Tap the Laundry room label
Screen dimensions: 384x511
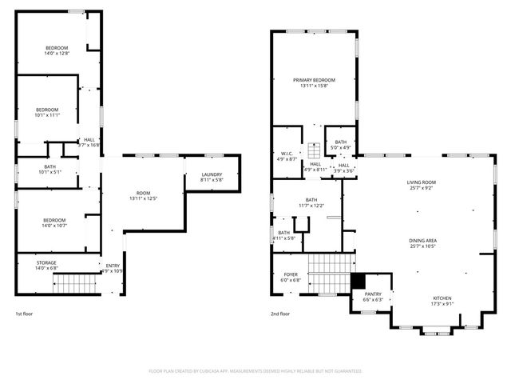(x=212, y=178)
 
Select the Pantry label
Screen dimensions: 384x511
(x=373, y=297)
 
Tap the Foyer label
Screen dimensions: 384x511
(x=290, y=278)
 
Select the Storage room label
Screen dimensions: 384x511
(x=46, y=266)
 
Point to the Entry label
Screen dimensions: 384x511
(x=113, y=268)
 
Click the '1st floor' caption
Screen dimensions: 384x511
(x=24, y=314)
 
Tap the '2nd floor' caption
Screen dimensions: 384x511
(x=279, y=314)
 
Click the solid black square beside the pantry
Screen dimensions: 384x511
(x=358, y=282)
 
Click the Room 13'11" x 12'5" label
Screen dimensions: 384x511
(x=144, y=195)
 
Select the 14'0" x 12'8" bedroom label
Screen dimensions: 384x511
(x=56, y=50)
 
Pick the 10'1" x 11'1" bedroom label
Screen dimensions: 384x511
(x=46, y=112)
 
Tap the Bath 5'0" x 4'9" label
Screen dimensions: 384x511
(x=341, y=145)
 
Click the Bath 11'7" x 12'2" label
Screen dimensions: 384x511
(x=311, y=203)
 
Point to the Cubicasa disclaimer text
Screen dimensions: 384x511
(x=255, y=371)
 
